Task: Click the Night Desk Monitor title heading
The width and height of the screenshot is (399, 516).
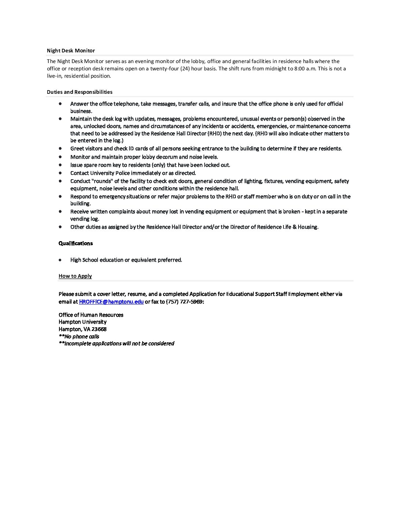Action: pyautogui.click(x=71, y=51)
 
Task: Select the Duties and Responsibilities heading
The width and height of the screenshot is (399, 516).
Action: pyautogui.click(x=80, y=92)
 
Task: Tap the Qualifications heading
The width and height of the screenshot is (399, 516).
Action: pyautogui.click(x=76, y=243)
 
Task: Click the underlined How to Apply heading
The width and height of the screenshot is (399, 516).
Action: pyautogui.click(x=75, y=276)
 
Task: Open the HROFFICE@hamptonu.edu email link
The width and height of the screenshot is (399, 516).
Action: pyautogui.click(x=111, y=302)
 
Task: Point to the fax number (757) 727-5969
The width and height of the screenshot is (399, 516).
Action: pyautogui.click(x=184, y=302)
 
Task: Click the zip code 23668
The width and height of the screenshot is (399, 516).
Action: pyautogui.click(x=99, y=329)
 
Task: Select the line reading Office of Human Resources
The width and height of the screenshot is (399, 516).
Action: pyautogui.click(x=91, y=315)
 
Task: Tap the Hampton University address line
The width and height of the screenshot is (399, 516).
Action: pyautogui.click(x=83, y=322)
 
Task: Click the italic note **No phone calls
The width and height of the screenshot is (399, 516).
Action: pyautogui.click(x=79, y=336)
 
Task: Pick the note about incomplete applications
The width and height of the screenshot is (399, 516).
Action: pyautogui.click(x=116, y=343)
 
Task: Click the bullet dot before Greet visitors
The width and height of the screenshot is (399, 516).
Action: pyautogui.click(x=60, y=148)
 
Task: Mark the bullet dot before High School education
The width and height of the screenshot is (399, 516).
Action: pyautogui.click(x=60, y=260)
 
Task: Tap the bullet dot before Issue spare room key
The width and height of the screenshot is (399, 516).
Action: pyautogui.click(x=60, y=165)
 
